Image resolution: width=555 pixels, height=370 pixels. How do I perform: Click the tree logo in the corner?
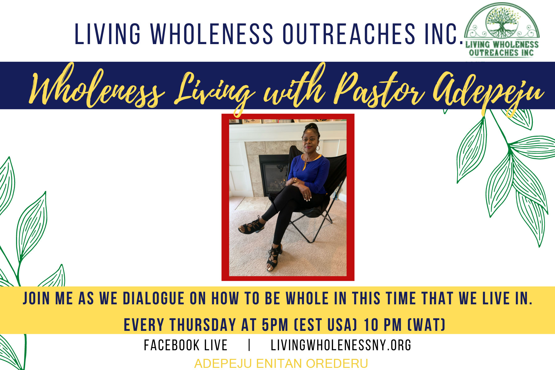[x=502, y=31]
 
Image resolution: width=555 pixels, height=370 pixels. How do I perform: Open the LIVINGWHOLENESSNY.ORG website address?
[x=341, y=345]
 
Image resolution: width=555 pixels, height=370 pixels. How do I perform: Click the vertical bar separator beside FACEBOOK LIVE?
[x=249, y=345]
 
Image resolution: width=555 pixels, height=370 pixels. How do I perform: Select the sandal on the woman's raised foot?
[x=251, y=227]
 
